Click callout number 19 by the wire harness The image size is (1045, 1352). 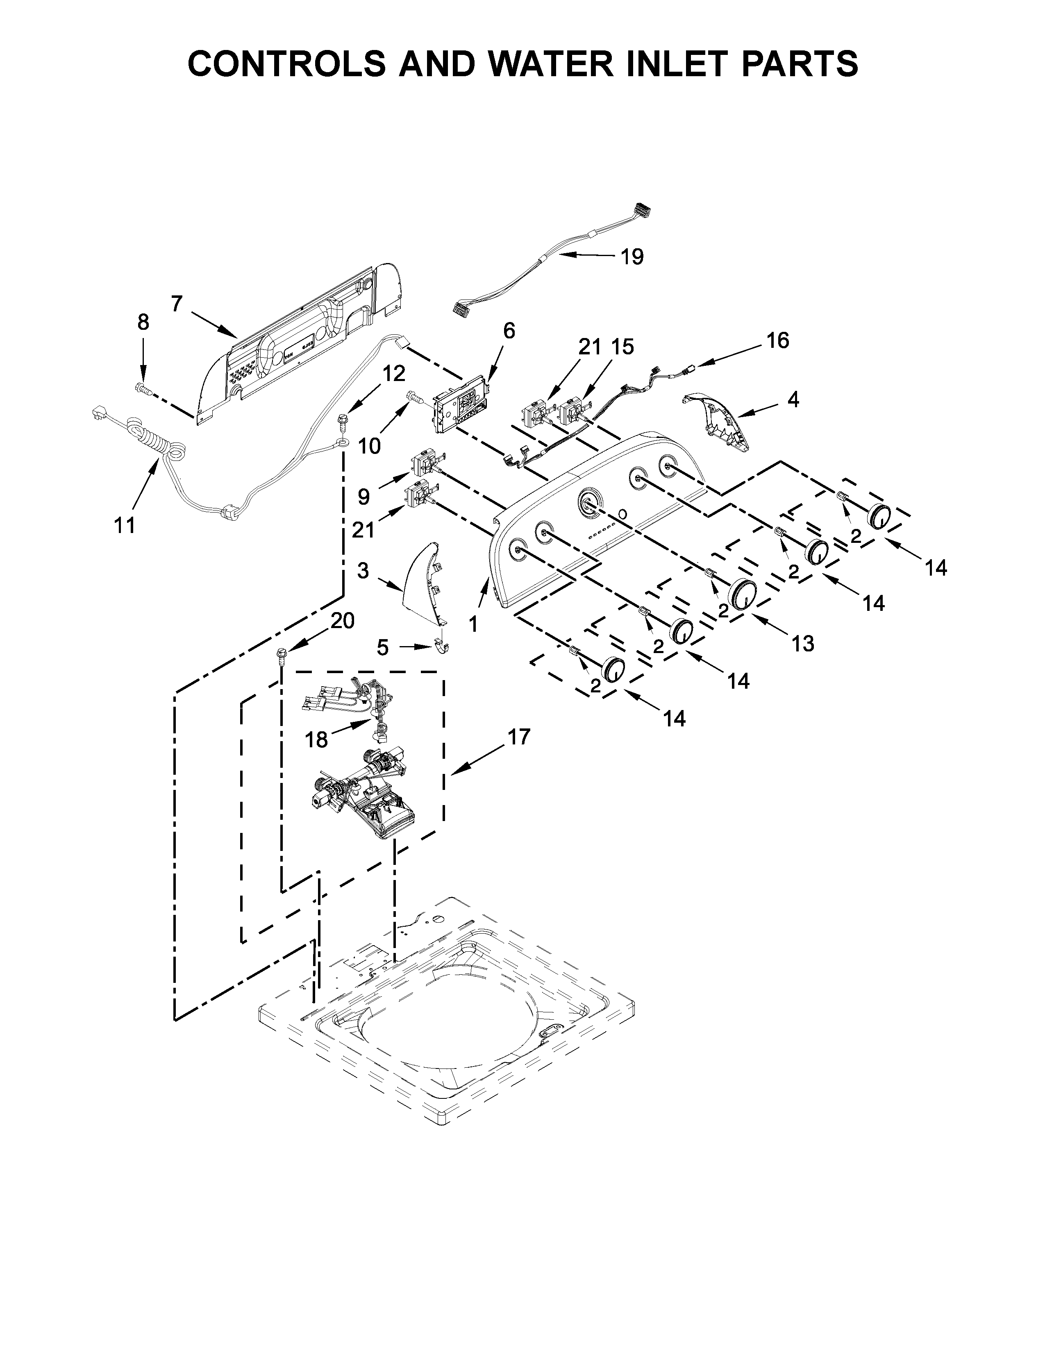click(x=632, y=256)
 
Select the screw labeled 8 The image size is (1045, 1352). click(x=142, y=388)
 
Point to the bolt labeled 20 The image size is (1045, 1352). click(x=281, y=655)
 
